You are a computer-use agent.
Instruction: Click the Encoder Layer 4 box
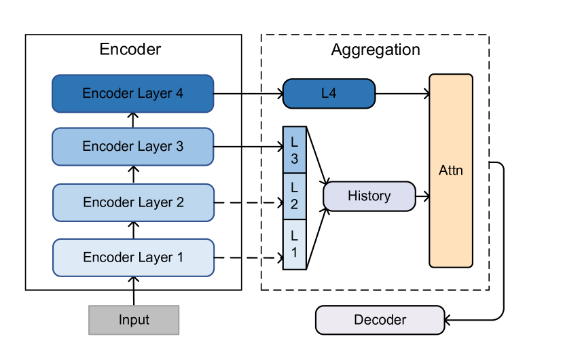[x=133, y=94]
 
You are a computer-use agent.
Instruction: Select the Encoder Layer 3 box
[x=133, y=147]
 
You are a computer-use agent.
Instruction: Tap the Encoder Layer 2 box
[x=133, y=202]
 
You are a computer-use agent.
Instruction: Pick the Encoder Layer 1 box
[x=133, y=257]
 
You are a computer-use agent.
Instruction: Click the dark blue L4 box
[x=329, y=94]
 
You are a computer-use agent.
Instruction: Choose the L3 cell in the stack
[x=295, y=150]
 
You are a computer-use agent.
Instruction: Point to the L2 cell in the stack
[x=295, y=197]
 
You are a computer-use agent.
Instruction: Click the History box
[x=369, y=196]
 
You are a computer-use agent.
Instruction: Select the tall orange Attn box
[x=451, y=170]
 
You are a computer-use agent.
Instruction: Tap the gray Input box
[x=134, y=320]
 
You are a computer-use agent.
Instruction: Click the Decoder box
[x=380, y=320]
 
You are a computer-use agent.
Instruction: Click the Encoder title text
[x=130, y=50]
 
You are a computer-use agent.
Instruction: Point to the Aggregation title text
[x=376, y=50]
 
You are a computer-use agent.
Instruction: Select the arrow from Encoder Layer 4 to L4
[x=248, y=94]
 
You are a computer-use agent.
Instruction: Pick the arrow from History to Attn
[x=422, y=196]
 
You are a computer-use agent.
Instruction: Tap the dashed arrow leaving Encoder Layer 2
[x=248, y=202]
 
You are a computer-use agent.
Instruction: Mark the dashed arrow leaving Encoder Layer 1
[x=248, y=257]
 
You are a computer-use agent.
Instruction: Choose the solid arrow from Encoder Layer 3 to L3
[x=248, y=146]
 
